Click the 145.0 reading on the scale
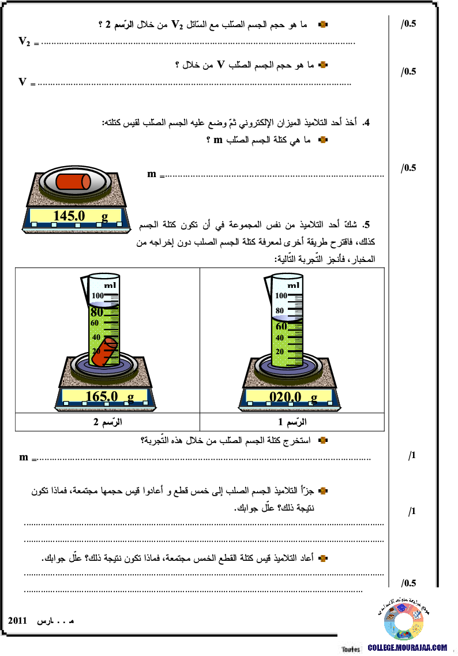coord(69,216)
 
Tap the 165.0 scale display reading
coord(102,396)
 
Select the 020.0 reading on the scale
coord(286,397)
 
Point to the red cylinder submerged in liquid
coord(104,352)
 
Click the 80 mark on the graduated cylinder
coord(96,312)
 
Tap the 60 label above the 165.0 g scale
coord(95,323)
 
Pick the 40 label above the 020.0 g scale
coord(280,338)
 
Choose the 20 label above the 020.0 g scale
coord(280,351)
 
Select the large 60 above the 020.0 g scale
coord(281,326)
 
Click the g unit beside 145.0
coord(104,216)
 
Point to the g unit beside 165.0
coord(130,396)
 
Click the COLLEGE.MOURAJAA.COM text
coord(407,647)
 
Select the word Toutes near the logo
coord(350,649)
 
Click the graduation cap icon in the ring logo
coord(401,607)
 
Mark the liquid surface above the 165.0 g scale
coord(104,304)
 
